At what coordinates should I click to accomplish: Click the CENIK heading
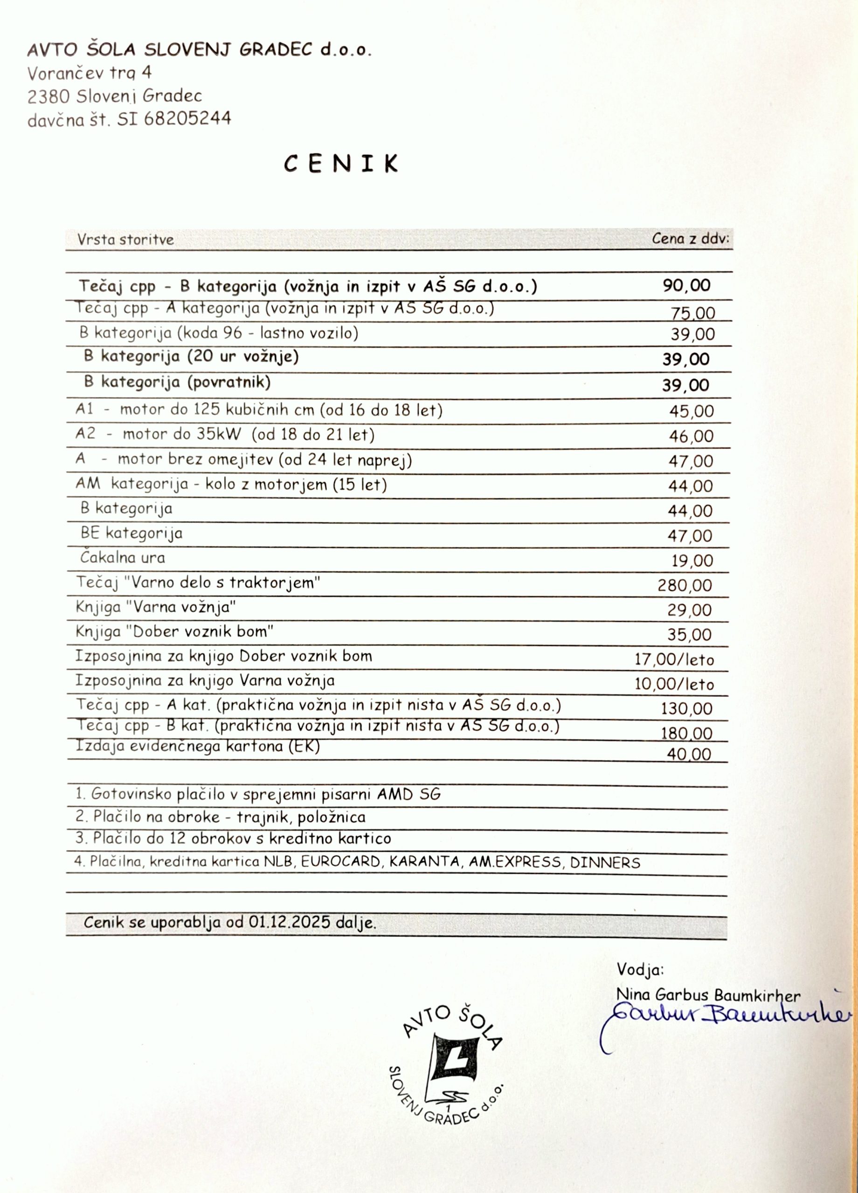(x=340, y=164)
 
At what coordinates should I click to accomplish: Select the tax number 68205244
(x=187, y=119)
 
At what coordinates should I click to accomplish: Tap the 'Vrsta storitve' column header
(x=125, y=240)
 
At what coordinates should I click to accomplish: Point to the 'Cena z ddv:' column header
(x=690, y=239)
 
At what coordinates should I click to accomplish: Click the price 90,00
(x=686, y=286)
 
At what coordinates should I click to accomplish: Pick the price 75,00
(x=693, y=314)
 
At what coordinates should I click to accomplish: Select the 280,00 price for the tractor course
(x=684, y=585)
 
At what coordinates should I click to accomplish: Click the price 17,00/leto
(x=674, y=659)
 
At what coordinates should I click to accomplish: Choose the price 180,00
(x=686, y=733)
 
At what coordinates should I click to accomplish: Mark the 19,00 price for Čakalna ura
(x=692, y=561)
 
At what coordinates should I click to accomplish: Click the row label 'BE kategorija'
(x=131, y=534)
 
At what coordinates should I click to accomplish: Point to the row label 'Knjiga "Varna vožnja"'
(x=155, y=608)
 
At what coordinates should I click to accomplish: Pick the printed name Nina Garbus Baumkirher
(x=708, y=994)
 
